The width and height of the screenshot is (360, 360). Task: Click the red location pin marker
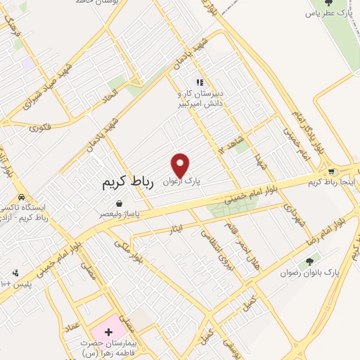click(x=181, y=165)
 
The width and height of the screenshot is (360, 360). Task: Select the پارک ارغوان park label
click(x=181, y=181)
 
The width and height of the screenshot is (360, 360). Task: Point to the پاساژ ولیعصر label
click(x=124, y=213)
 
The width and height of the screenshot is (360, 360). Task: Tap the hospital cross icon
click(x=108, y=330)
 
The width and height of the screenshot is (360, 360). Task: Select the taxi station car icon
click(x=23, y=197)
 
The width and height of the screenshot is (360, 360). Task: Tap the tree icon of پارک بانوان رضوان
click(x=310, y=262)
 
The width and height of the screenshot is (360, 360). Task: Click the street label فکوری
click(x=41, y=128)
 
